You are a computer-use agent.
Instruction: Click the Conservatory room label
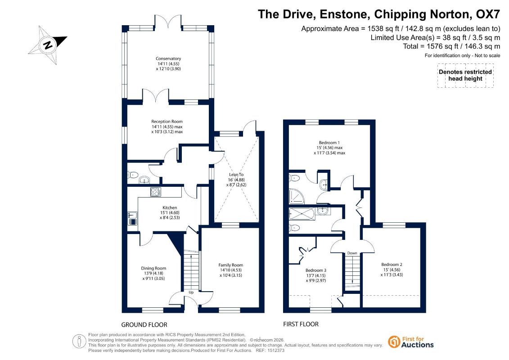[168, 58]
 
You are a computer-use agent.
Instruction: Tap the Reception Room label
[167, 121]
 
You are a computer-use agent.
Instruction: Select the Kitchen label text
[170, 207]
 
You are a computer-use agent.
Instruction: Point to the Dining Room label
[153, 268]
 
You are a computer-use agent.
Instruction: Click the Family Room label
[231, 265]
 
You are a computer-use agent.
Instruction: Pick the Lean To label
[236, 174]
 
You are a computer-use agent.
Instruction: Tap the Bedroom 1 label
[329, 143]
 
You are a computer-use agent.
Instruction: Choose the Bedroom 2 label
[392, 264]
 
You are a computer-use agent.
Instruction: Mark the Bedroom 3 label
[316, 270]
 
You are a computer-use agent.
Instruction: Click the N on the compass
[48, 45]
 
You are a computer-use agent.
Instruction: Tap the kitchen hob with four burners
[156, 192]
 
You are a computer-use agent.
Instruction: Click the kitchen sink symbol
[132, 218]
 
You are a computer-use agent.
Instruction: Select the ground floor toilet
[132, 175]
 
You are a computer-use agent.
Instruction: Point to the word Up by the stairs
[191, 292]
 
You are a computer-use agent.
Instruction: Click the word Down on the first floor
[352, 253]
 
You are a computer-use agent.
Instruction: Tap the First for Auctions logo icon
[394, 342]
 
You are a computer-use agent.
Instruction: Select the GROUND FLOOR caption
[144, 324]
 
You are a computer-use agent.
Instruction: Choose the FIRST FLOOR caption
[301, 324]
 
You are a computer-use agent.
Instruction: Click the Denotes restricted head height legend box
[465, 75]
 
